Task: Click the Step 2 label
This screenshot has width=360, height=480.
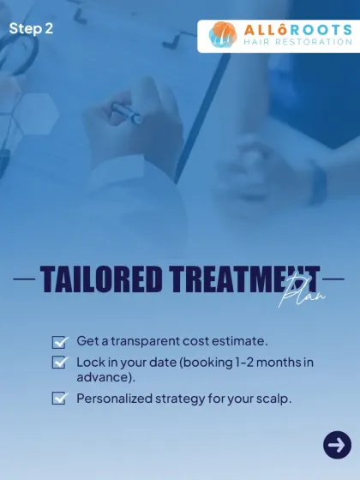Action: tap(31, 29)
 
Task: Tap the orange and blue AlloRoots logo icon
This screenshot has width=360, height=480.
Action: tap(223, 34)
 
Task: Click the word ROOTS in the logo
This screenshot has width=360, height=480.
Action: tap(321, 30)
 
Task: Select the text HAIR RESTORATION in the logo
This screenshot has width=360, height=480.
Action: tap(298, 41)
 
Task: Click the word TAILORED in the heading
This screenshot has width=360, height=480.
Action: tap(101, 279)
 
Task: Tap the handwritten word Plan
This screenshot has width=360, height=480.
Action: tap(302, 291)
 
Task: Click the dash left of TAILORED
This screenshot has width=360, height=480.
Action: tap(24, 279)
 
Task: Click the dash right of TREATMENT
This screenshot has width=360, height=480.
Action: tap(333, 279)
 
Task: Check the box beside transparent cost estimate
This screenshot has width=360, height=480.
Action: tap(60, 342)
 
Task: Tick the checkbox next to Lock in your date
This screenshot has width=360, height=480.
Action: tap(60, 362)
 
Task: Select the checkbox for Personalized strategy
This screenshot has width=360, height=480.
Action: tap(60, 398)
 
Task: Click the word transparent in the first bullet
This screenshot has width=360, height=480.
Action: tap(146, 341)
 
